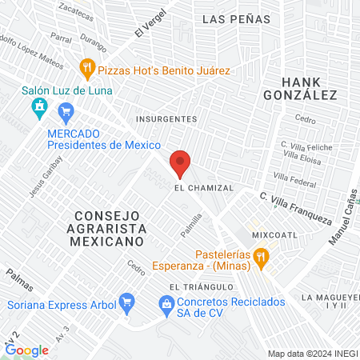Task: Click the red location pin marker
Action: [180, 163]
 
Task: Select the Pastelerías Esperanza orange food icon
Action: [261, 257]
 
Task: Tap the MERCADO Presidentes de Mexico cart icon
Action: [67, 111]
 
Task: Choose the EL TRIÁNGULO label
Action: [201, 286]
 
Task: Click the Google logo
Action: [26, 350]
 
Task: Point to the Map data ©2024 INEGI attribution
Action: [311, 354]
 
